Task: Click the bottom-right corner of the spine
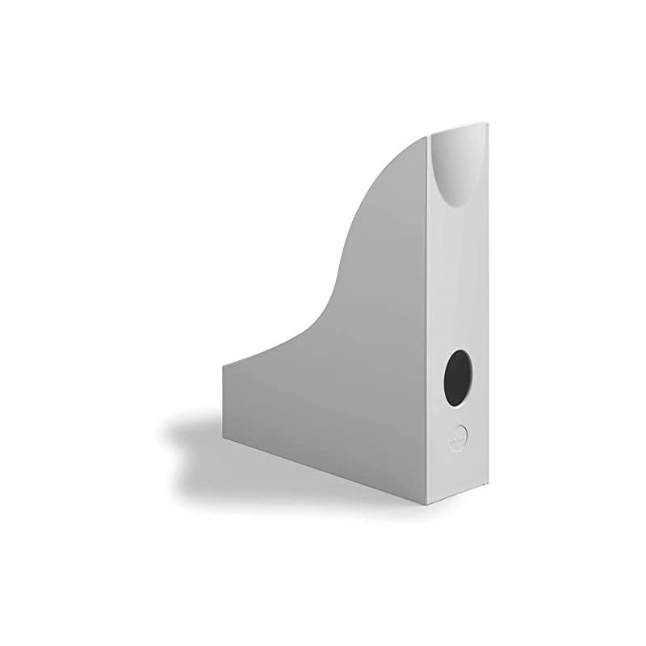[489, 488]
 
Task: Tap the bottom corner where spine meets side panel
[430, 507]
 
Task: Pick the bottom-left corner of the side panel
[224, 441]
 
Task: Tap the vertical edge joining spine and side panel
[428, 323]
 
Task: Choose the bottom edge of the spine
[459, 497]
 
